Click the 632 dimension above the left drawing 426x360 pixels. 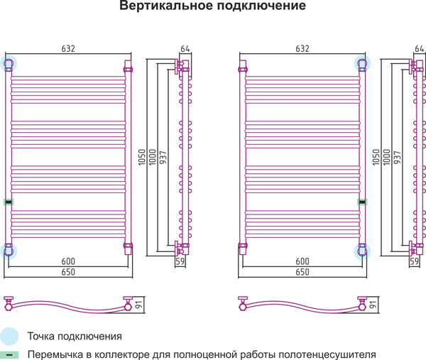(x=68, y=48)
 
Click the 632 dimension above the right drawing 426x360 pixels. (x=302, y=48)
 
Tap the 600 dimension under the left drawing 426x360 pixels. (x=68, y=261)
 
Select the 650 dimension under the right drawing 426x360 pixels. (x=302, y=272)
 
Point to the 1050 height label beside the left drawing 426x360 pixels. (x=142, y=157)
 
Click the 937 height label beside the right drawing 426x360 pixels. (x=397, y=158)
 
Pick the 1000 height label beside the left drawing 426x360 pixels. (x=153, y=157)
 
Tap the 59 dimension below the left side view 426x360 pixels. (x=180, y=261)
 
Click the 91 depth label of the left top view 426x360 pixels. (x=139, y=305)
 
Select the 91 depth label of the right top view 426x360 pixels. (x=373, y=305)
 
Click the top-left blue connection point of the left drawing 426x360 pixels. (x=9, y=64)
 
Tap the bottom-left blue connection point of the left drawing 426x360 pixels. (x=9, y=251)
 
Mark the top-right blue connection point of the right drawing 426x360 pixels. (x=362, y=64)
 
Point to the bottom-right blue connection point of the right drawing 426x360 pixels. (x=362, y=251)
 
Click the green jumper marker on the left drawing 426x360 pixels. (x=9, y=202)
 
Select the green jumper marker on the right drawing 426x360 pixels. (x=362, y=202)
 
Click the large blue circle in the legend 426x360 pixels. (x=9, y=336)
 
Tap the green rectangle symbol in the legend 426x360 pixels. (x=9, y=355)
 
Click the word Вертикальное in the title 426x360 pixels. (x=165, y=6)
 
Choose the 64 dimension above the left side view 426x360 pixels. (x=185, y=48)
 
